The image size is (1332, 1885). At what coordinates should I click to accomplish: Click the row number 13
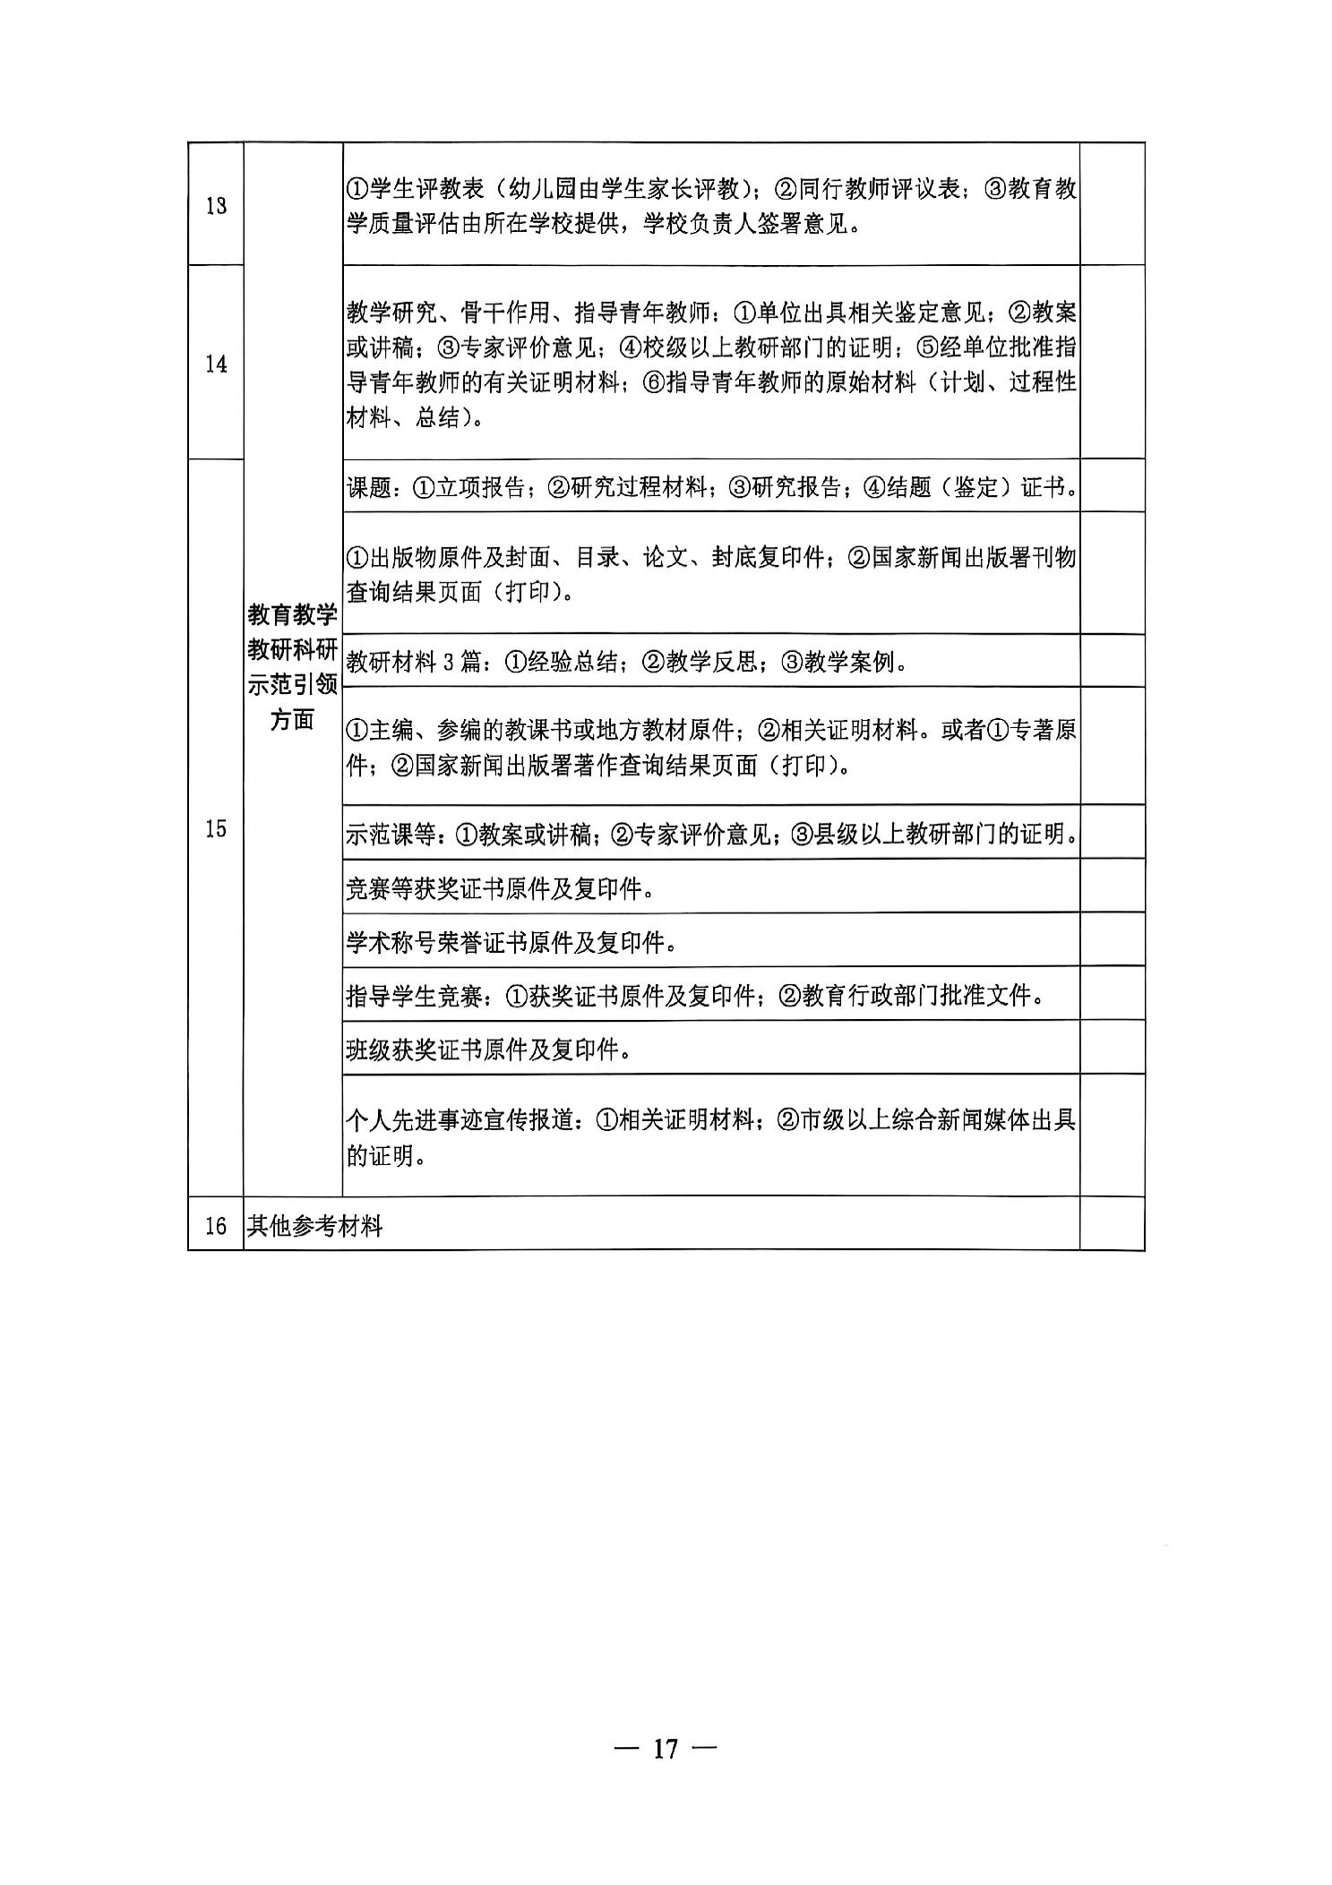pyautogui.click(x=216, y=206)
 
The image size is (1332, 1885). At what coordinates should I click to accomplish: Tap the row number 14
pyautogui.click(x=216, y=364)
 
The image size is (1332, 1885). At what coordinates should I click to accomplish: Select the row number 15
pyautogui.click(x=216, y=828)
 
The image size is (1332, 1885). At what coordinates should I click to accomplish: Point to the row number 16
pyautogui.click(x=216, y=1225)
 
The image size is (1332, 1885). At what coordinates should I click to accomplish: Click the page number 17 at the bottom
pyautogui.click(x=666, y=1747)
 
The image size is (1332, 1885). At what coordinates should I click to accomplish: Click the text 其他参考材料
pyautogui.click(x=314, y=1226)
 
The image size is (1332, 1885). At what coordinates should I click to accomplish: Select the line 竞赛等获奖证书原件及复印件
pyautogui.click(x=498, y=888)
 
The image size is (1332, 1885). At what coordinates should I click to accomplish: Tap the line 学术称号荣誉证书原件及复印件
pyautogui.click(x=510, y=942)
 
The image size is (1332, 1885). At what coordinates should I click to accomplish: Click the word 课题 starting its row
pyautogui.click(x=368, y=487)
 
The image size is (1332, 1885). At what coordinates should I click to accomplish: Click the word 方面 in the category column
pyautogui.click(x=292, y=720)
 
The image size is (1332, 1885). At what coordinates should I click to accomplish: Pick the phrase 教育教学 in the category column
pyautogui.click(x=292, y=615)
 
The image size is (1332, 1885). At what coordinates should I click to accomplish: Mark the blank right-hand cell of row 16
pyautogui.click(x=1112, y=1224)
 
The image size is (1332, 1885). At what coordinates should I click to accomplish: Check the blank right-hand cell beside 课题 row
pyautogui.click(x=1112, y=485)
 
